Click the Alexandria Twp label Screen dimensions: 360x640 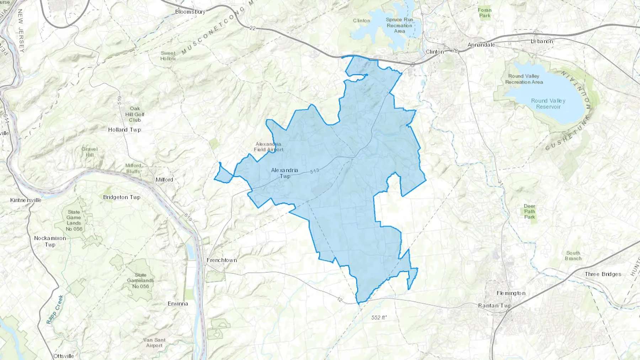coord(284,173)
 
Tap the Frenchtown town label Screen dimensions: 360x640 coord(222,260)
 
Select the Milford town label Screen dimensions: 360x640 coord(164,179)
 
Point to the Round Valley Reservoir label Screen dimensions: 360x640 coord(548,104)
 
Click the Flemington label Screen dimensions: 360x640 coord(511,293)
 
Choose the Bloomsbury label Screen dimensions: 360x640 coord(190,12)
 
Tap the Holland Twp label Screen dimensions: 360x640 coord(124,130)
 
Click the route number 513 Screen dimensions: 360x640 coord(314,171)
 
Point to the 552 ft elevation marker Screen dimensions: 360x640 coord(379,317)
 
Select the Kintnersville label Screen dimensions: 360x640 coord(26,200)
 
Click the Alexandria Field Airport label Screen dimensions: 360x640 coord(268,147)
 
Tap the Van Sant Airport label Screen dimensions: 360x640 coord(154,343)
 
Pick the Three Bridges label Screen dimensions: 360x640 coord(603,274)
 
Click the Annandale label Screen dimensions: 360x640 coord(481,45)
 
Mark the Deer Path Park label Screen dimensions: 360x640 coord(529,211)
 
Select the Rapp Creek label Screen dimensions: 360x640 coord(55,309)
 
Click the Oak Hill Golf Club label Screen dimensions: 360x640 coord(135,114)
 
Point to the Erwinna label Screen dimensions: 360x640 coord(178,303)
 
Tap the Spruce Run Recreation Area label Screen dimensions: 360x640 coord(399,25)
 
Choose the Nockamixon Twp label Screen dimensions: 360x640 coord(50,241)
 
